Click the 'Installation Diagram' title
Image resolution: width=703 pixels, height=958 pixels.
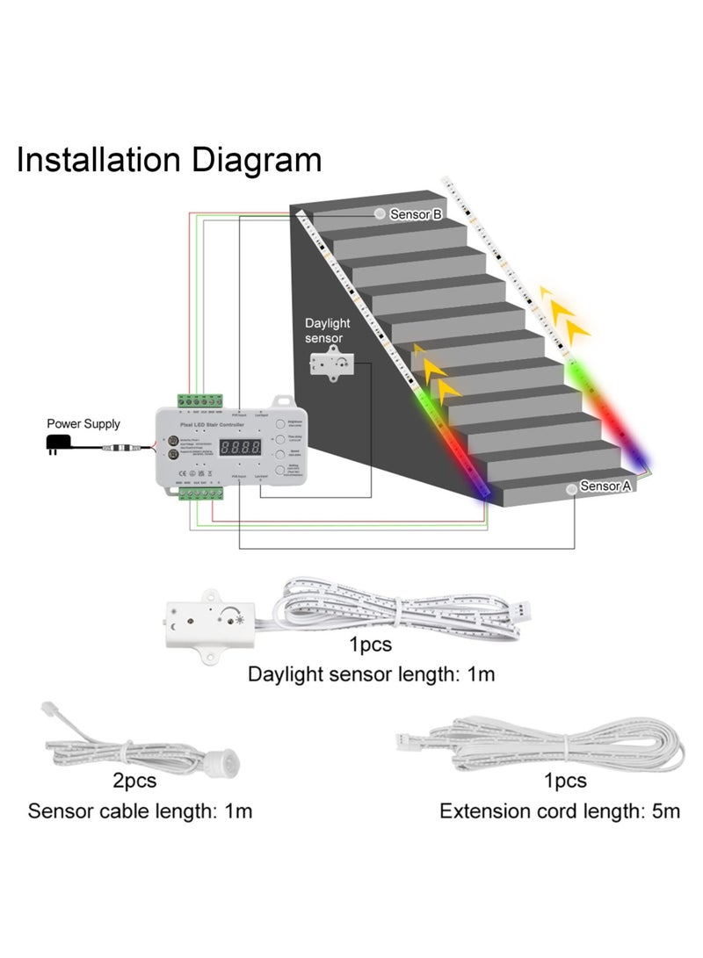point(169,161)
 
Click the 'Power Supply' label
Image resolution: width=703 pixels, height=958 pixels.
point(83,424)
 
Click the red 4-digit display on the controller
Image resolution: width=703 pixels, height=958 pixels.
point(239,448)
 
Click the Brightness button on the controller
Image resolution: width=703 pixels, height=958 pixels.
point(279,422)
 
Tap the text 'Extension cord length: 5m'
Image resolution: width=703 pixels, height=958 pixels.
point(560,810)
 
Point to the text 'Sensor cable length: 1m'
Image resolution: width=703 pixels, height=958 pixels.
point(141,810)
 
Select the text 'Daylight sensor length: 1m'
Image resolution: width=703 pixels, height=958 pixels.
point(372,674)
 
